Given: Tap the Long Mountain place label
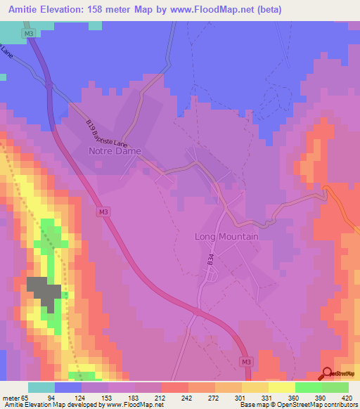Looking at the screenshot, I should coord(226,237).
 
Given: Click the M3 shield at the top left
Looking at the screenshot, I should coord(27,33).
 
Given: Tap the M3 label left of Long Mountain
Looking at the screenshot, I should coord(103,211).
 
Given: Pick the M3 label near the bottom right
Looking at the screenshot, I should coord(245,362).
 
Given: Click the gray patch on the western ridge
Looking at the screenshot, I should coord(41,292).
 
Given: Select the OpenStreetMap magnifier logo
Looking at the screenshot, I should coord(328,374).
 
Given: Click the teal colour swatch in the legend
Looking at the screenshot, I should coord(41,387).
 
